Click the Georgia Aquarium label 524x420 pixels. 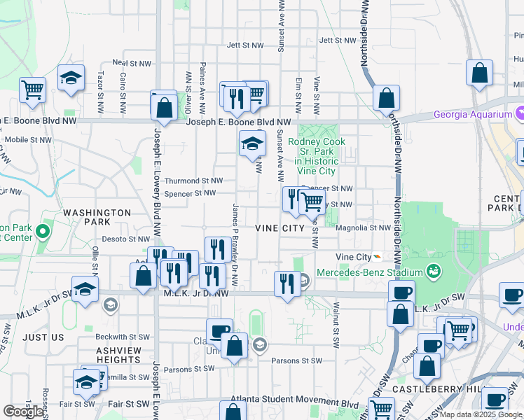tap(473, 115)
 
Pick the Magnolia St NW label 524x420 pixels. tap(363, 227)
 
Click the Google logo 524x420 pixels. tap(22, 412)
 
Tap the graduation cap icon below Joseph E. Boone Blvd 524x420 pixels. tap(253, 146)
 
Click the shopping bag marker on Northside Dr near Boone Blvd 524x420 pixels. tap(386, 99)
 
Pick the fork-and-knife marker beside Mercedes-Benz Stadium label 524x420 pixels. tap(287, 284)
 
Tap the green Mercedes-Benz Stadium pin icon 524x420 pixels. tap(434, 271)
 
